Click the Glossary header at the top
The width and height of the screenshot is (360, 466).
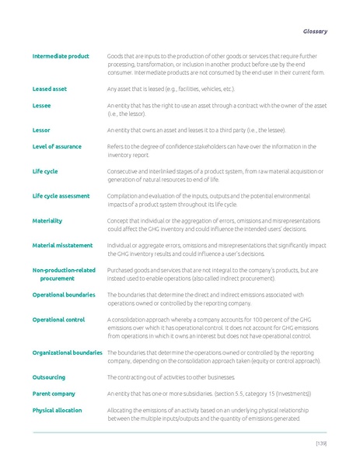click(x=314, y=31)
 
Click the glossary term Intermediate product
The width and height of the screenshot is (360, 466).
click(x=61, y=56)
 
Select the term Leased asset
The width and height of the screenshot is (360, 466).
click(x=50, y=89)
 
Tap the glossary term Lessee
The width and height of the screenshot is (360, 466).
click(x=42, y=105)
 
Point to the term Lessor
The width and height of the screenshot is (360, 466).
click(x=41, y=130)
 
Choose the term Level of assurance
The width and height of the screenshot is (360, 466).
click(x=56, y=146)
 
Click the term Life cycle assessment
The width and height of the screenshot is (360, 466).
click(x=61, y=195)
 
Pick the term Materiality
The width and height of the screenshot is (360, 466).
click(x=47, y=220)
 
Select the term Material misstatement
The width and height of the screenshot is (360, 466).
click(x=61, y=245)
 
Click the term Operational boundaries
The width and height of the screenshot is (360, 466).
click(x=64, y=295)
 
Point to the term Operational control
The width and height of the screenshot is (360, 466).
click(x=59, y=320)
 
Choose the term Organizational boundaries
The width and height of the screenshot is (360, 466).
click(x=67, y=352)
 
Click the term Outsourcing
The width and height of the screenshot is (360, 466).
click(x=49, y=377)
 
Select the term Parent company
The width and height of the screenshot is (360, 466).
click(x=54, y=394)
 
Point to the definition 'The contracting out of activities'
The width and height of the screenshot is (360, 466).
click(x=177, y=377)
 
